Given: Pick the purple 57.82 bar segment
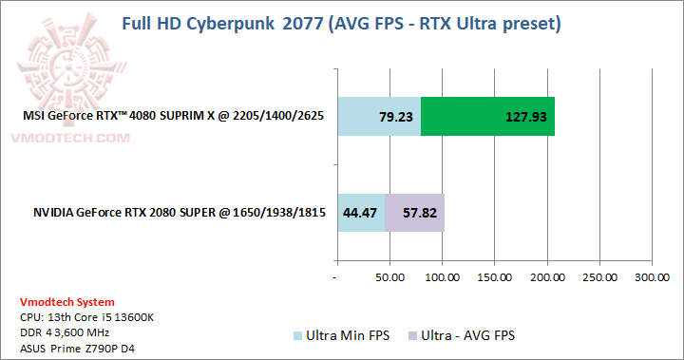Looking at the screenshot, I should click(x=414, y=212).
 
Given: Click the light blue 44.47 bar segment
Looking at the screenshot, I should click(x=361, y=212).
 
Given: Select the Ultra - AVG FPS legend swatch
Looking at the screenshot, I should click(x=410, y=336).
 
